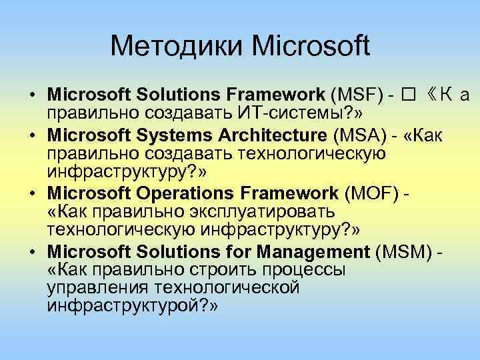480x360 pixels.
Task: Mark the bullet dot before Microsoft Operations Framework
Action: click(x=33, y=194)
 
